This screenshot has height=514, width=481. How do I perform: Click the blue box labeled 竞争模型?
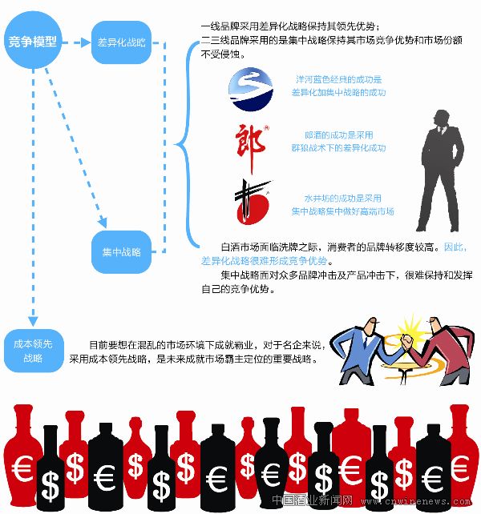pyautogui.click(x=33, y=42)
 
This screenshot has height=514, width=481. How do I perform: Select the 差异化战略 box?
pyautogui.click(x=121, y=42)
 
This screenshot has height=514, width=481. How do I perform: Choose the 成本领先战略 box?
pyautogui.click(x=33, y=350)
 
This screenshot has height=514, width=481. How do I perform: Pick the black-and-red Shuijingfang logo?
pyautogui.click(x=252, y=203)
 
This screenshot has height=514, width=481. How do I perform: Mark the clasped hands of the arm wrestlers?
pyautogui.click(x=400, y=330)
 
